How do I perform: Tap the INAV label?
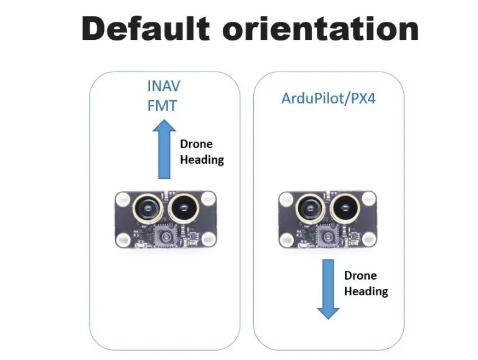(x=162, y=86)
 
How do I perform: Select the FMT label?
(x=162, y=105)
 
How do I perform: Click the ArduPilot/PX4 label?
(x=327, y=98)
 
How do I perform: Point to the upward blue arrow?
(x=165, y=149)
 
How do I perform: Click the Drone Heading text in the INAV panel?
(x=201, y=152)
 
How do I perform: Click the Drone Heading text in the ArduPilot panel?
(x=365, y=283)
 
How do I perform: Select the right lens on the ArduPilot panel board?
(x=345, y=209)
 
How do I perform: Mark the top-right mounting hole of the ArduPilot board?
(x=369, y=199)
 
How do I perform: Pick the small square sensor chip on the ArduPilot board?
(x=327, y=236)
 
